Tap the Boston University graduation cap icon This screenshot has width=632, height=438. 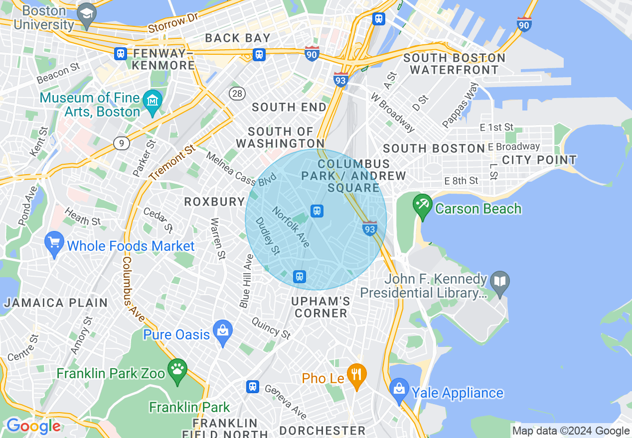[88, 13]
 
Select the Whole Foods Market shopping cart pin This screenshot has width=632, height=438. [54, 243]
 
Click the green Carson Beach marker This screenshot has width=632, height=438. [423, 206]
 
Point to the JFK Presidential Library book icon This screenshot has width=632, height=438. [499, 282]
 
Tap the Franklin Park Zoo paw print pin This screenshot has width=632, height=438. [177, 370]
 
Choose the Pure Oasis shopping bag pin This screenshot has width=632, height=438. [222, 331]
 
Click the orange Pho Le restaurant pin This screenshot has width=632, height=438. [356, 374]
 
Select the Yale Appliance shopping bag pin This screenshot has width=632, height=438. [399, 389]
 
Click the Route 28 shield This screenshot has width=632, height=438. [237, 93]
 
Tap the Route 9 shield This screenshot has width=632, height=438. [121, 143]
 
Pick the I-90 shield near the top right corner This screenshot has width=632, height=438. [524, 24]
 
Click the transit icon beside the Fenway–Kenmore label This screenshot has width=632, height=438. [120, 54]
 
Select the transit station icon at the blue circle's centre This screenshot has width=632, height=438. [316, 211]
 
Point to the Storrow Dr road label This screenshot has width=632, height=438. [173, 23]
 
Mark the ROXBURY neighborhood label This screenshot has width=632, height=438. [214, 202]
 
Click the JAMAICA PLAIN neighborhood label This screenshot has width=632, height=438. [56, 303]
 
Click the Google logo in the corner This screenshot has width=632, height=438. [33, 426]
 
